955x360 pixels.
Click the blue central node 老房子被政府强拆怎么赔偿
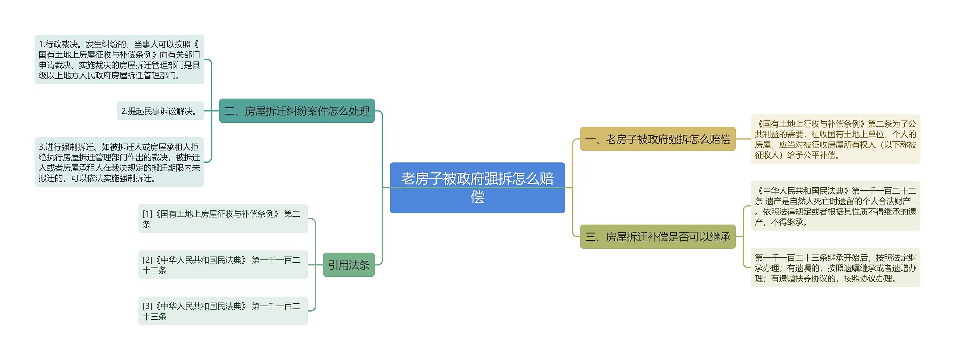coord(477,188)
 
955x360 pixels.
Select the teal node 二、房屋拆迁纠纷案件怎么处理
coord(297,111)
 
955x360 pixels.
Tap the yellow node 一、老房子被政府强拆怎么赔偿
coord(657,139)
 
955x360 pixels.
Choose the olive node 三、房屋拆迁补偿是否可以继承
coord(657,237)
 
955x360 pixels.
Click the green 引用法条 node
coord(348,265)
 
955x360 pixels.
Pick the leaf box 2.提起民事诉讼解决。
coord(160,111)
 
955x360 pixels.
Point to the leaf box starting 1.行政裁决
coord(119,60)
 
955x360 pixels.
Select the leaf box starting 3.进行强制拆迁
coord(119,162)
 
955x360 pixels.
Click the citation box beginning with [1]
coord(223,219)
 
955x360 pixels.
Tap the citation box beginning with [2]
coord(223,265)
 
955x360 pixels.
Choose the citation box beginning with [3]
coord(223,311)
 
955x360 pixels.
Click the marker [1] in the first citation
coord(147,214)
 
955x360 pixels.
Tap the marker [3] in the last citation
coord(147,306)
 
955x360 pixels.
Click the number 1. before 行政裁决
coord(42,44)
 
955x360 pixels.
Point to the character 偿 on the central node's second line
coord(477,197)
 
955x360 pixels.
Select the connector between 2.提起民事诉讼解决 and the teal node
coord(212,111)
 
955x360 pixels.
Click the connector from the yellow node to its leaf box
coord(743,139)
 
